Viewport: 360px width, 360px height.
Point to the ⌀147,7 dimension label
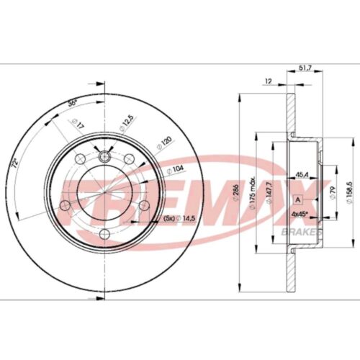(266, 193)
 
